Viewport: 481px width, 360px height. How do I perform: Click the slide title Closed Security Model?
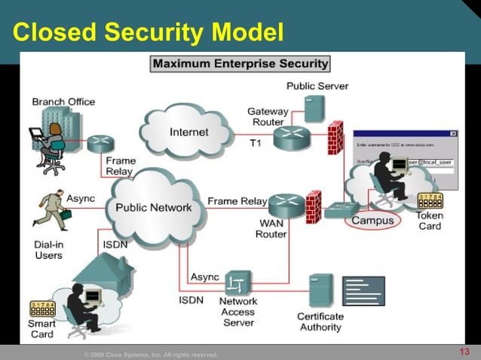click(x=148, y=32)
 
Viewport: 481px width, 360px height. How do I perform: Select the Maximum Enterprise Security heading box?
click(x=240, y=64)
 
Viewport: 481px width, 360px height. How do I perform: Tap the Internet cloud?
click(x=188, y=133)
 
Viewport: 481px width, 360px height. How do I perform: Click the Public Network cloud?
click(x=154, y=207)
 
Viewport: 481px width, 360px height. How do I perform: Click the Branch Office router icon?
click(x=100, y=142)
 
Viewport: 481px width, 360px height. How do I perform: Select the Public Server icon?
click(x=314, y=108)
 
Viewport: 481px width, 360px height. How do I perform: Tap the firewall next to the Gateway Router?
click(x=335, y=138)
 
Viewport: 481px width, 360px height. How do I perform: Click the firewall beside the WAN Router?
click(x=313, y=206)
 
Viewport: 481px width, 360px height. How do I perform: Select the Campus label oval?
click(x=372, y=221)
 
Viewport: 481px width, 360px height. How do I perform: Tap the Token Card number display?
click(x=430, y=199)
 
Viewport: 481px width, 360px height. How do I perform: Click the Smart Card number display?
click(x=42, y=308)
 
